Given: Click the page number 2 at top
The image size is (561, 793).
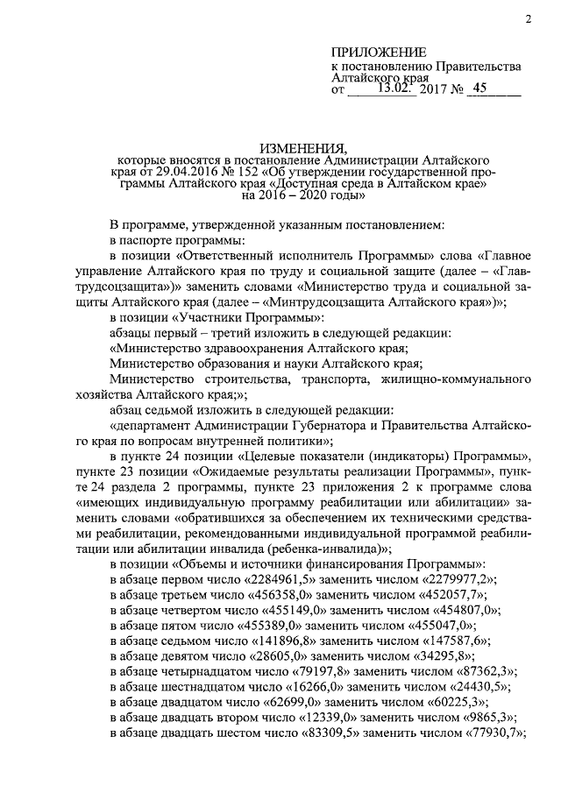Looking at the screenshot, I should [x=529, y=18].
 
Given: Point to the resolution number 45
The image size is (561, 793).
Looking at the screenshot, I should [x=479, y=88].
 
